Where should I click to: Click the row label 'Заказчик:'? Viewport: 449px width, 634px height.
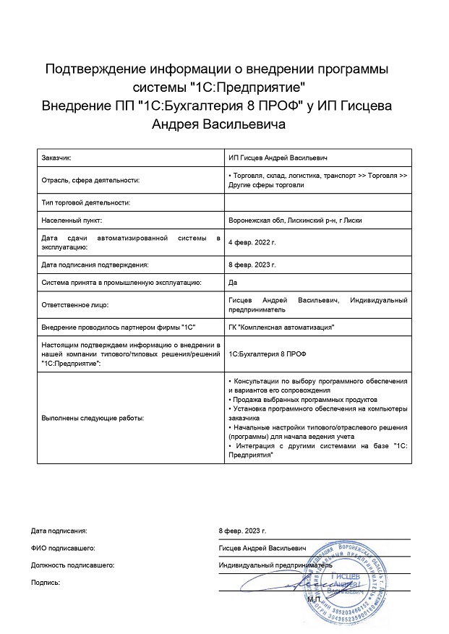[57, 158]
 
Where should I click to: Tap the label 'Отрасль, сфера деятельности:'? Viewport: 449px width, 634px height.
[90, 180]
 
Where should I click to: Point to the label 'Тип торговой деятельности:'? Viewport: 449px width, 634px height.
[86, 203]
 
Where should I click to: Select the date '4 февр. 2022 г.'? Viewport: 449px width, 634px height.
[251, 242]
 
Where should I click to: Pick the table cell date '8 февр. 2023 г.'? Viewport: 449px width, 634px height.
[251, 265]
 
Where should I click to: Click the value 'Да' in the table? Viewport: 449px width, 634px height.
[232, 282]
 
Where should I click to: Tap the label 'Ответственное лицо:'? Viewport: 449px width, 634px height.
[74, 304]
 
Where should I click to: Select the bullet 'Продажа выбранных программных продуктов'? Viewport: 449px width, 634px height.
[303, 399]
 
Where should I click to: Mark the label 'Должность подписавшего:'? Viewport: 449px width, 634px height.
[73, 565]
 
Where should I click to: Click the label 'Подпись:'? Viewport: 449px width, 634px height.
[46, 582]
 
